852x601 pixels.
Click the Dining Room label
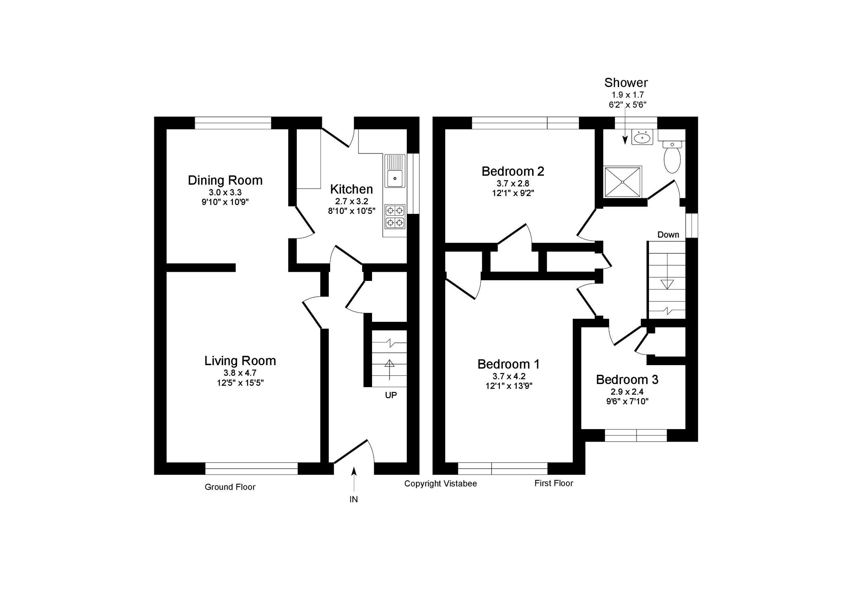coord(225,180)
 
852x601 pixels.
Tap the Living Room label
coord(240,361)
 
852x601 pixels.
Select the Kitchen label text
coord(351,189)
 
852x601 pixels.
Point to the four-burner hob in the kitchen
coord(395,216)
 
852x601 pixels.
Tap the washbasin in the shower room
coord(642,139)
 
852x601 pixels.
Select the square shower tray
coord(623,182)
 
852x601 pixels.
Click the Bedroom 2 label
coord(513,172)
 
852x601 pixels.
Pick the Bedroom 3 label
coord(627,380)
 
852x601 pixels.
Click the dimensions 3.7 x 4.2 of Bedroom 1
coord(509,376)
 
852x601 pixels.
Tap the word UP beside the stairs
coord(391,395)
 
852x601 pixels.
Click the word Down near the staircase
coord(668,234)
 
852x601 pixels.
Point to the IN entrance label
coord(354,500)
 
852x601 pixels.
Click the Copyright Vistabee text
coord(441,484)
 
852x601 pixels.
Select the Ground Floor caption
coord(230,487)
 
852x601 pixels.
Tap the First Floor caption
coord(554,483)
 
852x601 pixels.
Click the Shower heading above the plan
coord(626,82)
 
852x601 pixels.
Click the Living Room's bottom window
coord(252,469)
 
